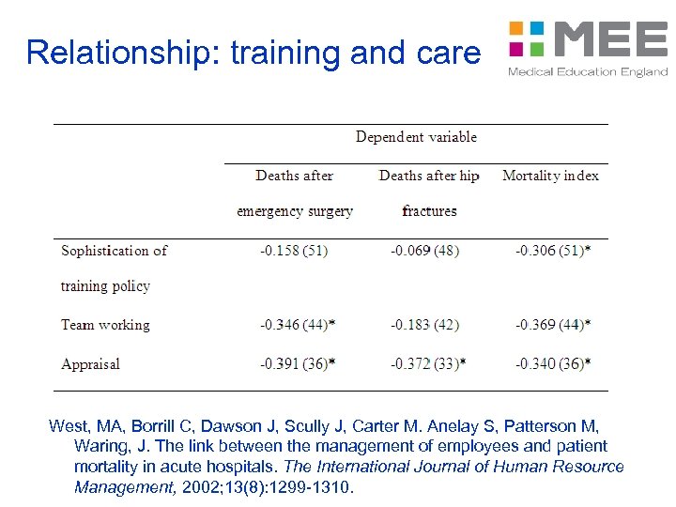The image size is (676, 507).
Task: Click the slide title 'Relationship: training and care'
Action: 253,53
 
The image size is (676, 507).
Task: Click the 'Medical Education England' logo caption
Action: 588,72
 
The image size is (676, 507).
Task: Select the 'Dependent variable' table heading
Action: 416,137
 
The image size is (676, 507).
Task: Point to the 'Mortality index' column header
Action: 550,176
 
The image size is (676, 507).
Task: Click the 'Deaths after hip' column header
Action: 428,176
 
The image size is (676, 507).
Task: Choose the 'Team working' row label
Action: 105,325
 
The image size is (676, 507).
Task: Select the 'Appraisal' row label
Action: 90,363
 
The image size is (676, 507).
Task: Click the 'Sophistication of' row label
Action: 114,251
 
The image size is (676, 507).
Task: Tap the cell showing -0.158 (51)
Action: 294,251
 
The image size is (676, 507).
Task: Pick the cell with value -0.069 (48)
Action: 424,251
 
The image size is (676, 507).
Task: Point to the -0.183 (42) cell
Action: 424,325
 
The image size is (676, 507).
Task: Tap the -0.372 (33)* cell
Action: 428,363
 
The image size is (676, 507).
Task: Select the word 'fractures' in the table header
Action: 429,211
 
